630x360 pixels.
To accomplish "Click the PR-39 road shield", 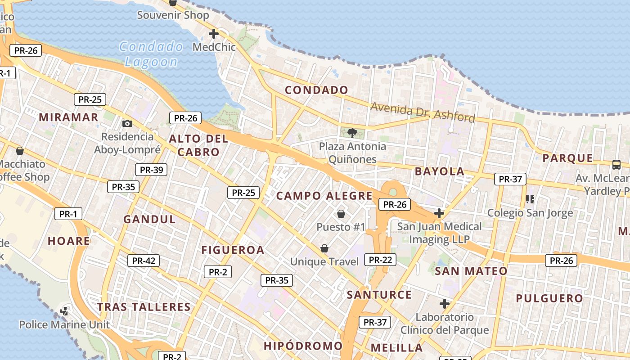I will coord(151,170).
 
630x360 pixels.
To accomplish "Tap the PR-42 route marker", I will coord(144,261).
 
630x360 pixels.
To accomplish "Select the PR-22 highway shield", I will coord(381,260).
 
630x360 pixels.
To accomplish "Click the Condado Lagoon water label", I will coord(151,54).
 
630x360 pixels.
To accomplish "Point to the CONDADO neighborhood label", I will coord(317,90).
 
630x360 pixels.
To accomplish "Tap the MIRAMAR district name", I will coord(68,117).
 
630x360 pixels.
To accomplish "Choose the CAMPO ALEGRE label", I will coord(324,196).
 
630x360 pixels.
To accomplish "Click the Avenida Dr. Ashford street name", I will coord(423,112).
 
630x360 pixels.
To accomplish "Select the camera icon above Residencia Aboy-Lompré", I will coord(127,123).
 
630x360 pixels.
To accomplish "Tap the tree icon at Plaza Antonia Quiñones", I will coord(352,133).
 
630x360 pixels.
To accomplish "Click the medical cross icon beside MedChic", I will coord(214,34).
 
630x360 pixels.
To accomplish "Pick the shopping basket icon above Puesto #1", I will coord(341,213).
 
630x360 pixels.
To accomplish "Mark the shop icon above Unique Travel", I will coord(324,248).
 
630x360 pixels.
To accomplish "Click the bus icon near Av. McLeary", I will coord(616,165).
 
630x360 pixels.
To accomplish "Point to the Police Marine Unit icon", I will coord(64,311).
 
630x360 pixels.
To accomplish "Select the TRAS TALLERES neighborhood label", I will coord(144,307).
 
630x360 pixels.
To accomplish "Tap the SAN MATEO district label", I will coord(471,271).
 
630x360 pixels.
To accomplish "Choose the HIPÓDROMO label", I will coord(303,346).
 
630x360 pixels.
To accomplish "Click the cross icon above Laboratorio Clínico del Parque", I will coord(445,304).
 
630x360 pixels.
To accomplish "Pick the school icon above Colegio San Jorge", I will coord(530,199).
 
